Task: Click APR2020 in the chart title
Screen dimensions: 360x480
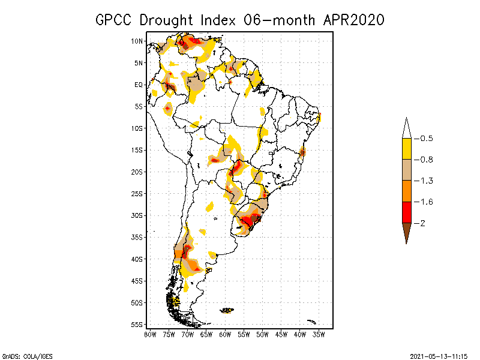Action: click(353, 20)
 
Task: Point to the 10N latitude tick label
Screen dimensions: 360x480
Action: click(137, 41)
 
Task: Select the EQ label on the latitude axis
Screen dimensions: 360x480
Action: click(139, 85)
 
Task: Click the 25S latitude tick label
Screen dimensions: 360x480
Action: click(137, 194)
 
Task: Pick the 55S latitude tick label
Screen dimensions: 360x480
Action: click(137, 325)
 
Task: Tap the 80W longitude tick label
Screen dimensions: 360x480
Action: click(150, 334)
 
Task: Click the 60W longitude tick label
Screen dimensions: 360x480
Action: click(225, 334)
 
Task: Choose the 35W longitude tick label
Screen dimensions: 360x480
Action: click(319, 334)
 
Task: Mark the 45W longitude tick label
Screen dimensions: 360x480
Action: click(281, 334)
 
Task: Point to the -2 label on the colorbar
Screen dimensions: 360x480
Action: click(422, 223)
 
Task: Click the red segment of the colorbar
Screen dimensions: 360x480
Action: click(406, 212)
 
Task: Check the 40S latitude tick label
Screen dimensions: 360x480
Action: click(137, 259)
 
